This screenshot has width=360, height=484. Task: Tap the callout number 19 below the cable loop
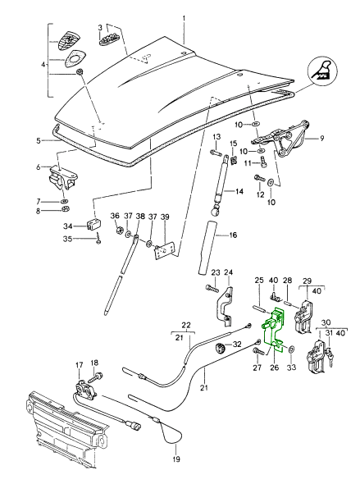(x=176, y=459)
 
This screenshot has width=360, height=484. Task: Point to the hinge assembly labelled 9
(x=282, y=139)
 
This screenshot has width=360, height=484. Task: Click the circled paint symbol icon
(x=322, y=72)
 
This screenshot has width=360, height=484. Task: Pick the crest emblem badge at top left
(x=66, y=40)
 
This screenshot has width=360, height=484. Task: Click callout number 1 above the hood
(x=185, y=19)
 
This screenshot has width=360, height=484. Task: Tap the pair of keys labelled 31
(x=330, y=357)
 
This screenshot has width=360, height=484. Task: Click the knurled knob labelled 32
(x=220, y=348)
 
